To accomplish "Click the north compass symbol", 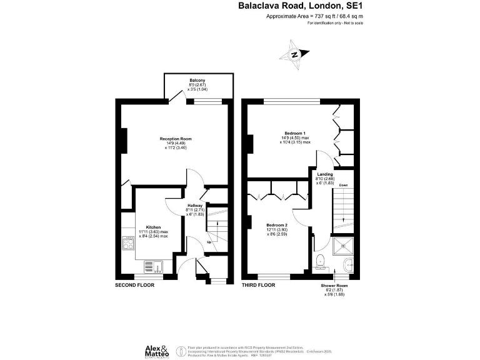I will tap(297, 52).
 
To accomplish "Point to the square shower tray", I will tap(343, 246).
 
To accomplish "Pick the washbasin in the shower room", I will tap(348, 264).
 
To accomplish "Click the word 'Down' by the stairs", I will tap(343, 186).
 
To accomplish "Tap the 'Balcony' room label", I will tap(198, 81).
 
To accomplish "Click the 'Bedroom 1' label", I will tap(295, 133).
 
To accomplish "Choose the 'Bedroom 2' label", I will tap(277, 224).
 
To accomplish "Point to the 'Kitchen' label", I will tap(154, 227).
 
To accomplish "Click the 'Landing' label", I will tap(325, 174).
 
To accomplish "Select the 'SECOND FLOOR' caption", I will tap(134, 285).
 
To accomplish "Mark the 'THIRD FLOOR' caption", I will tap(258, 285).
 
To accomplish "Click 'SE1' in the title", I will tap(353, 6).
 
